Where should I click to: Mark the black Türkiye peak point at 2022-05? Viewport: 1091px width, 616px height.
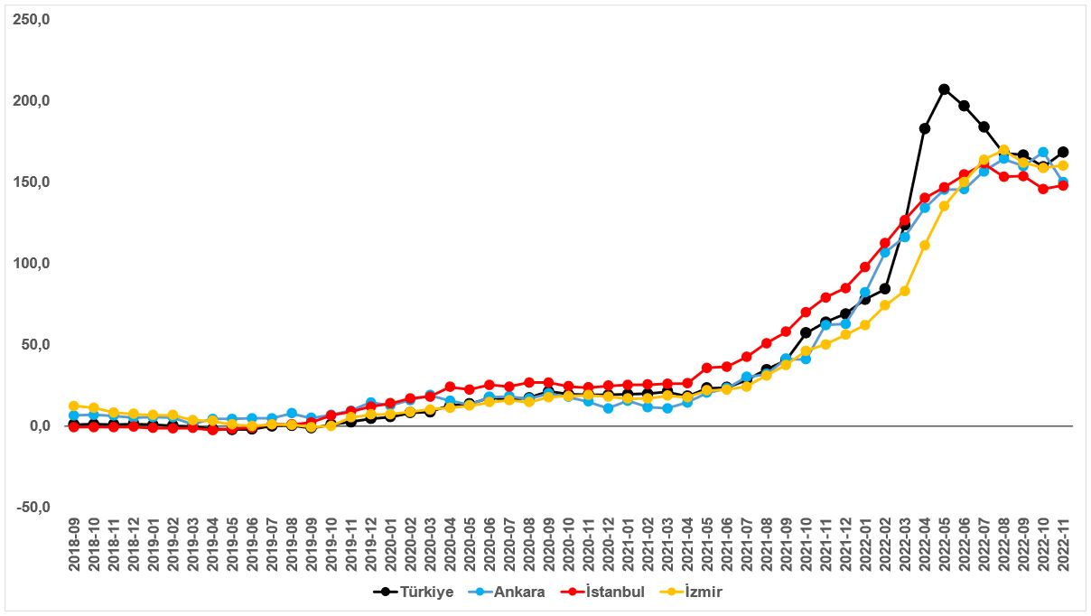click(944, 89)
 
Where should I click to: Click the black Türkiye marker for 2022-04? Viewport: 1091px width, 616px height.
click(925, 128)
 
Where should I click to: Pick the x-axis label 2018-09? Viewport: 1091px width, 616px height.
click(74, 544)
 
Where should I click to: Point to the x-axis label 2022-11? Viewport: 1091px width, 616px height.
click(1062, 544)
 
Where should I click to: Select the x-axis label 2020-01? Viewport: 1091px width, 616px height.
click(390, 544)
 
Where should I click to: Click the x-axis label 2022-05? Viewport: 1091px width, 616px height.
click(944, 544)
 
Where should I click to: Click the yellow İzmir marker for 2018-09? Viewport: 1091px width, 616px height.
click(74, 406)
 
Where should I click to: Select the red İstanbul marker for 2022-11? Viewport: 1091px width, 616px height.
click(1063, 185)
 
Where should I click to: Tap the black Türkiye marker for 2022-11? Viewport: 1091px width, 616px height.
click(1063, 152)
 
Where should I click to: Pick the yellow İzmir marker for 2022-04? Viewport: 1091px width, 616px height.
click(925, 245)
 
